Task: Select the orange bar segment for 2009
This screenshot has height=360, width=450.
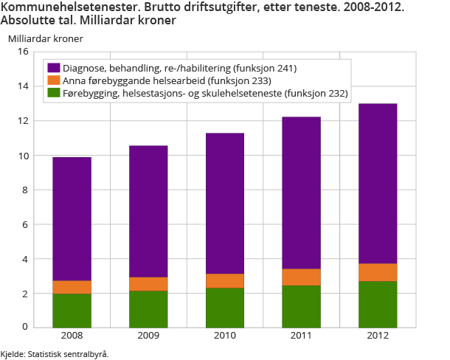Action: point(148,284)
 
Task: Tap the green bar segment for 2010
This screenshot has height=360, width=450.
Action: point(225,307)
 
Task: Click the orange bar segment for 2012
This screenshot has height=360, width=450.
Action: point(378,272)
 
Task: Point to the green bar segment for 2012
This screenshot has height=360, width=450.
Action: point(378,303)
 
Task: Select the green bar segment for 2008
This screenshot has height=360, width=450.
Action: point(72,310)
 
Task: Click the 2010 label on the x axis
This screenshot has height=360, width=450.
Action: point(225,336)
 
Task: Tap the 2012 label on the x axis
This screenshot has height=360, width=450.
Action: point(378,336)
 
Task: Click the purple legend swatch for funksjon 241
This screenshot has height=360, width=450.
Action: point(52,69)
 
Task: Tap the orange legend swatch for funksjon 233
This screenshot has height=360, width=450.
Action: point(52,80)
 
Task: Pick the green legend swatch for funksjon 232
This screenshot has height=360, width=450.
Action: point(52,93)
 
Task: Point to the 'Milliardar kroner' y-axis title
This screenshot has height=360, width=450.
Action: point(46,38)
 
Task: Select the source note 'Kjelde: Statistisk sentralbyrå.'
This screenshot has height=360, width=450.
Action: point(55,354)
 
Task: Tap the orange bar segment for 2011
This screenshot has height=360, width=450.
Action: point(301,277)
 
